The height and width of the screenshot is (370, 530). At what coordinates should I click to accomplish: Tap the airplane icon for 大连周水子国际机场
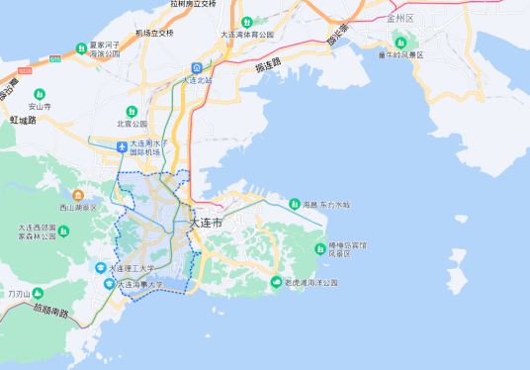click(122, 147)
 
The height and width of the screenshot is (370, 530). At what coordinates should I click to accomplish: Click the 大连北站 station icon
click(198, 67)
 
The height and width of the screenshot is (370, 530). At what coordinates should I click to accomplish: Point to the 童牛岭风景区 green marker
click(399, 41)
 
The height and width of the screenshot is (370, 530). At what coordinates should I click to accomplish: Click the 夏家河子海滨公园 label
click(107, 49)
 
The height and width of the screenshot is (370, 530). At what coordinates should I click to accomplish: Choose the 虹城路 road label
click(23, 119)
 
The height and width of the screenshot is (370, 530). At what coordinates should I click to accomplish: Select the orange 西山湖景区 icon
click(78, 196)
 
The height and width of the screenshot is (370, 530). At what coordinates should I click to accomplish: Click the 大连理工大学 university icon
click(100, 268)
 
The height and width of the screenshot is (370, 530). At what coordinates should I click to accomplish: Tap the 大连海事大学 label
click(140, 284)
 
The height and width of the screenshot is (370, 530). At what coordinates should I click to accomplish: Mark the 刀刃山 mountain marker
click(38, 294)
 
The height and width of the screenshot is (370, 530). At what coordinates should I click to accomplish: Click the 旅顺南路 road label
click(50, 312)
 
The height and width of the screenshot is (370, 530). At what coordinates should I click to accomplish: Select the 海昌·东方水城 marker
click(294, 205)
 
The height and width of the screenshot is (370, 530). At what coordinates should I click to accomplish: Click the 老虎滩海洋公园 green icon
click(276, 283)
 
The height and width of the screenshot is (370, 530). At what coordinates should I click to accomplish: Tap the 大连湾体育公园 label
click(246, 35)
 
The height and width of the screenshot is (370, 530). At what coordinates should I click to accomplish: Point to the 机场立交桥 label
click(153, 33)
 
